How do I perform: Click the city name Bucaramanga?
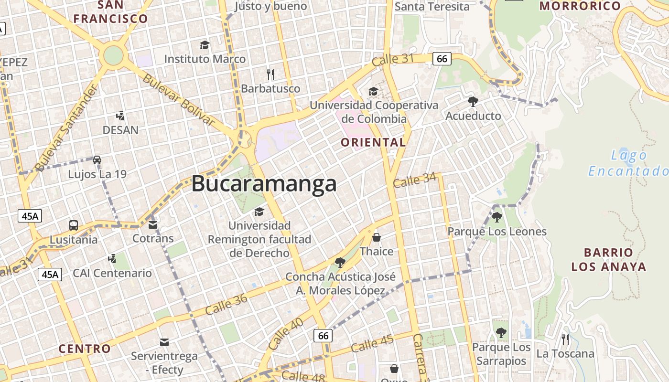coord(264,184)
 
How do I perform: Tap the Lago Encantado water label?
coord(628,163)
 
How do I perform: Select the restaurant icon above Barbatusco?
coord(270,74)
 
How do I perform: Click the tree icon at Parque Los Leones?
coord(497,217)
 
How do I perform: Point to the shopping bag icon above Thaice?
coord(377,237)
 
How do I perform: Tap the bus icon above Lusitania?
coord(74,225)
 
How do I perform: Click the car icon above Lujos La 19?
coord(97,160)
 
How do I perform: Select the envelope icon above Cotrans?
coord(153,224)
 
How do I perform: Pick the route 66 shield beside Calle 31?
coord(442,59)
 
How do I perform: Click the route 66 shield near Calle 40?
coord(324,336)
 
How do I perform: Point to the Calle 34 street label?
coord(415,180)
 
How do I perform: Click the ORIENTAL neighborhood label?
coord(373,142)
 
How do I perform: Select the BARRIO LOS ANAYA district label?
coord(609,259)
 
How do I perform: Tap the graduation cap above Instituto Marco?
coord(205,45)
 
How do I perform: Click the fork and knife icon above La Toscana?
coord(565,340)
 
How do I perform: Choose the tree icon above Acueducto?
coord(473,101)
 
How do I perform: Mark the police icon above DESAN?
coord(120,116)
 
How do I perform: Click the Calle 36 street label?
coord(227,304)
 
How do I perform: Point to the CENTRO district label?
coord(85,349)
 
